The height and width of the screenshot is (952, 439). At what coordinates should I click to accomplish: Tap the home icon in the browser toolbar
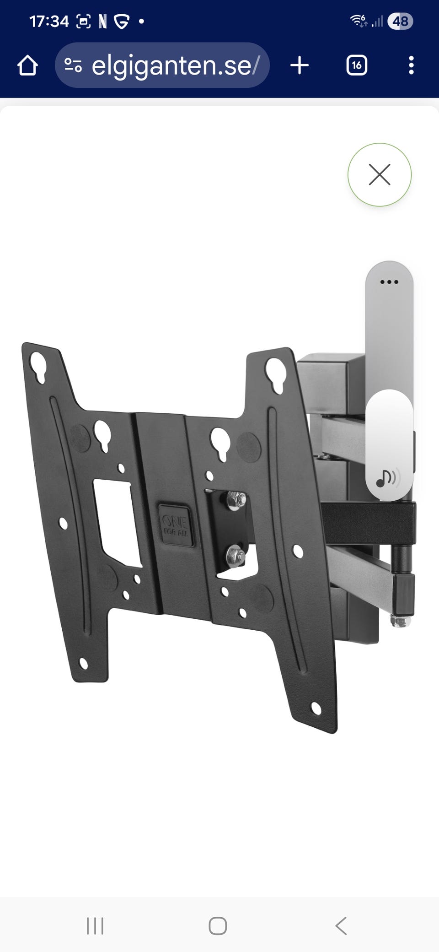coord(27,65)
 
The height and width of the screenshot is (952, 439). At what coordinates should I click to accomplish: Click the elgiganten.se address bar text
coord(176,65)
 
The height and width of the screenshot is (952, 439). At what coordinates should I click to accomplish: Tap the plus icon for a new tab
coord(300,65)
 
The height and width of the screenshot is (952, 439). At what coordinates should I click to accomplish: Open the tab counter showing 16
coord(357,65)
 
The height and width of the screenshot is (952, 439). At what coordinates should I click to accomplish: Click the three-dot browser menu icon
coord(411,65)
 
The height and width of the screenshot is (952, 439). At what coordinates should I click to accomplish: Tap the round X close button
coord(380,174)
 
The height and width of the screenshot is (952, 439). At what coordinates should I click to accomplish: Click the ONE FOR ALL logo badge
coord(176,525)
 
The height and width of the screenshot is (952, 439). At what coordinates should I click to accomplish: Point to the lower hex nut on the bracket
coord(235,557)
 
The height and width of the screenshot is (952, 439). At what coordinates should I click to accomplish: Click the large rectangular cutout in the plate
coord(117,522)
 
